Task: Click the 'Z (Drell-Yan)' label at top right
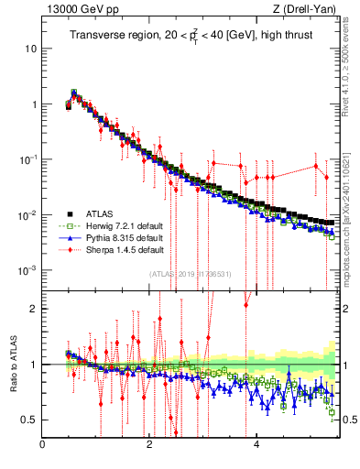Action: pos(304,10)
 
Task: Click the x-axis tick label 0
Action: pos(42,445)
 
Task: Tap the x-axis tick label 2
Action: pos(149,445)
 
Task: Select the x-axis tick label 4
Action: pos(256,445)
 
